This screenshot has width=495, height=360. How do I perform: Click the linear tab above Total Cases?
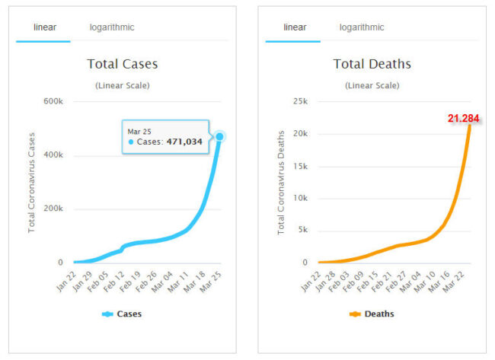(x=45, y=27)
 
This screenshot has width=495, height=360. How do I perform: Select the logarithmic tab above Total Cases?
(x=112, y=27)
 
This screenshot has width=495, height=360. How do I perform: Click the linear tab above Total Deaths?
(x=295, y=27)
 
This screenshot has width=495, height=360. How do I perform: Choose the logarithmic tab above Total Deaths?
(x=362, y=27)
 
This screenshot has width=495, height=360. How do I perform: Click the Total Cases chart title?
(x=123, y=64)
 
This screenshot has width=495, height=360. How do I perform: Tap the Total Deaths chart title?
(x=372, y=64)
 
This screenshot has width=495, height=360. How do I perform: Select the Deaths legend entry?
(x=372, y=314)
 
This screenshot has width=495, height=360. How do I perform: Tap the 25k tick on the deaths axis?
(x=299, y=102)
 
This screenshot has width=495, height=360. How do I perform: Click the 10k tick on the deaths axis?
(x=299, y=199)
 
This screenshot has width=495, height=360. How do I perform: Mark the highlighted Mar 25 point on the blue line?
(x=220, y=137)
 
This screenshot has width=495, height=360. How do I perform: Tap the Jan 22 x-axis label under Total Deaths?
(x=311, y=281)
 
